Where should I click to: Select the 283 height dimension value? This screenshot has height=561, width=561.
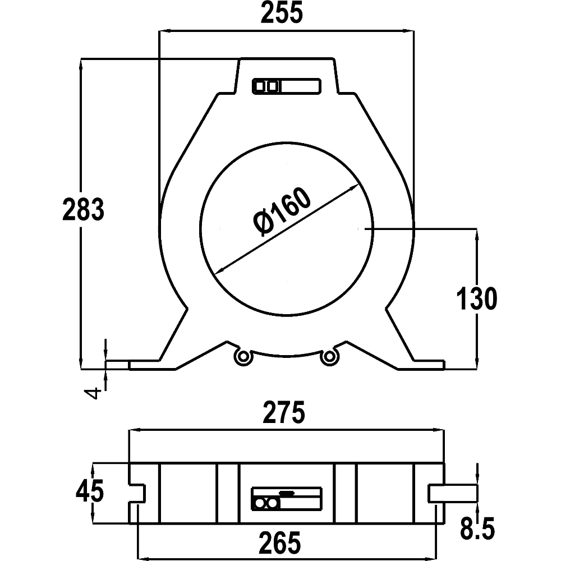tap(83, 209)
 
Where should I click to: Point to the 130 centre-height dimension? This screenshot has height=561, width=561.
tap(476, 298)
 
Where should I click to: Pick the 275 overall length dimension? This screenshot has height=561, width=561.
tap(286, 413)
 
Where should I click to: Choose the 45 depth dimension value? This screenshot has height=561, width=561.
tap(90, 492)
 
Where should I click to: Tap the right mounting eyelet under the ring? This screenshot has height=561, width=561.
tap(329, 356)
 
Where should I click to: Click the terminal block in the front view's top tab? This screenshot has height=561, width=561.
tap(286, 86)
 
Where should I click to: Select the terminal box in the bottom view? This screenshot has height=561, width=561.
tap(287, 498)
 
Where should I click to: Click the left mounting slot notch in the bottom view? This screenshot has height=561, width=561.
tap(138, 493)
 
